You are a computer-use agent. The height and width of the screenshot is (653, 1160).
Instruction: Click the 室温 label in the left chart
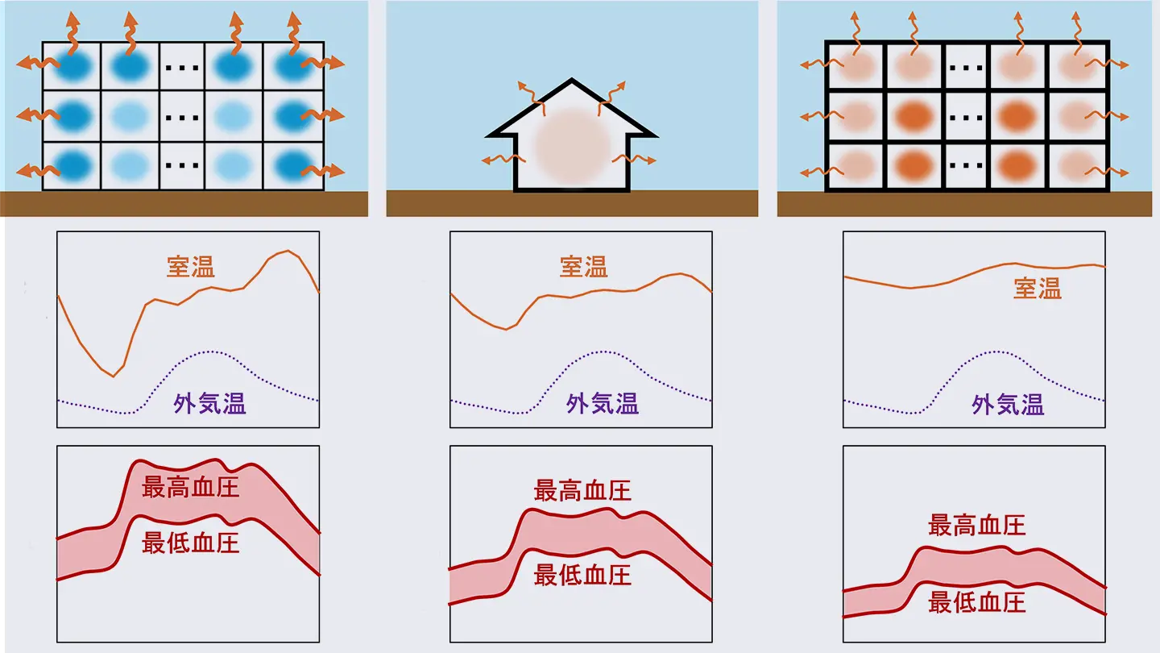[x=191, y=267]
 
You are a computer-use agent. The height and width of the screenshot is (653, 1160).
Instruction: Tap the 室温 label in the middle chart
[x=584, y=267]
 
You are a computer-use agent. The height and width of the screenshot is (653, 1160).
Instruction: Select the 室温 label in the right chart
[x=1038, y=289]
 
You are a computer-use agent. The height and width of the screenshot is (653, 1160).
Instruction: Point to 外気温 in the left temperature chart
[x=209, y=404]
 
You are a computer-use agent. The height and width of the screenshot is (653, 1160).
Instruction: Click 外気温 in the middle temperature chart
[x=603, y=404]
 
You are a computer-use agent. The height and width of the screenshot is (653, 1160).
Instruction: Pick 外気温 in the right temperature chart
[x=1008, y=405]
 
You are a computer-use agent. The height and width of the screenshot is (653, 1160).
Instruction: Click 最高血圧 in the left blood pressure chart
[x=191, y=488]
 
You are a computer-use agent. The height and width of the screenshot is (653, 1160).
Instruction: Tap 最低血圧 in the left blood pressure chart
[x=191, y=543]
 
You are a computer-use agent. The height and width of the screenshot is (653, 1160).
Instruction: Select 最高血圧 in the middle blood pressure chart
[x=582, y=490]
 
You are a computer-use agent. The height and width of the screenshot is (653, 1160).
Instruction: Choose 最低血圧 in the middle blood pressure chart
[x=582, y=575]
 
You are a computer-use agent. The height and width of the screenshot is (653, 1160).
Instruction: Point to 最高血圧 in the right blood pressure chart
[x=976, y=526]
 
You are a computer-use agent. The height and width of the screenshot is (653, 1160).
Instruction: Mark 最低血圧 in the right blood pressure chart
[x=976, y=602]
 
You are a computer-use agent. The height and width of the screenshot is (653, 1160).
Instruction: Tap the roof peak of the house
[x=572, y=81]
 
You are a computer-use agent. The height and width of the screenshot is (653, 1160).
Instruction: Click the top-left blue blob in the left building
[x=71, y=66]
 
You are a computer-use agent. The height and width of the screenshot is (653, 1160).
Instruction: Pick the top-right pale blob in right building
[x=1077, y=66]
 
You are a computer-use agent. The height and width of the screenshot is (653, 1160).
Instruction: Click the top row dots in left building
[x=182, y=66]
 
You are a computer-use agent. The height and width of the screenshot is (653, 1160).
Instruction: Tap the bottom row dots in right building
[x=966, y=167]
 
